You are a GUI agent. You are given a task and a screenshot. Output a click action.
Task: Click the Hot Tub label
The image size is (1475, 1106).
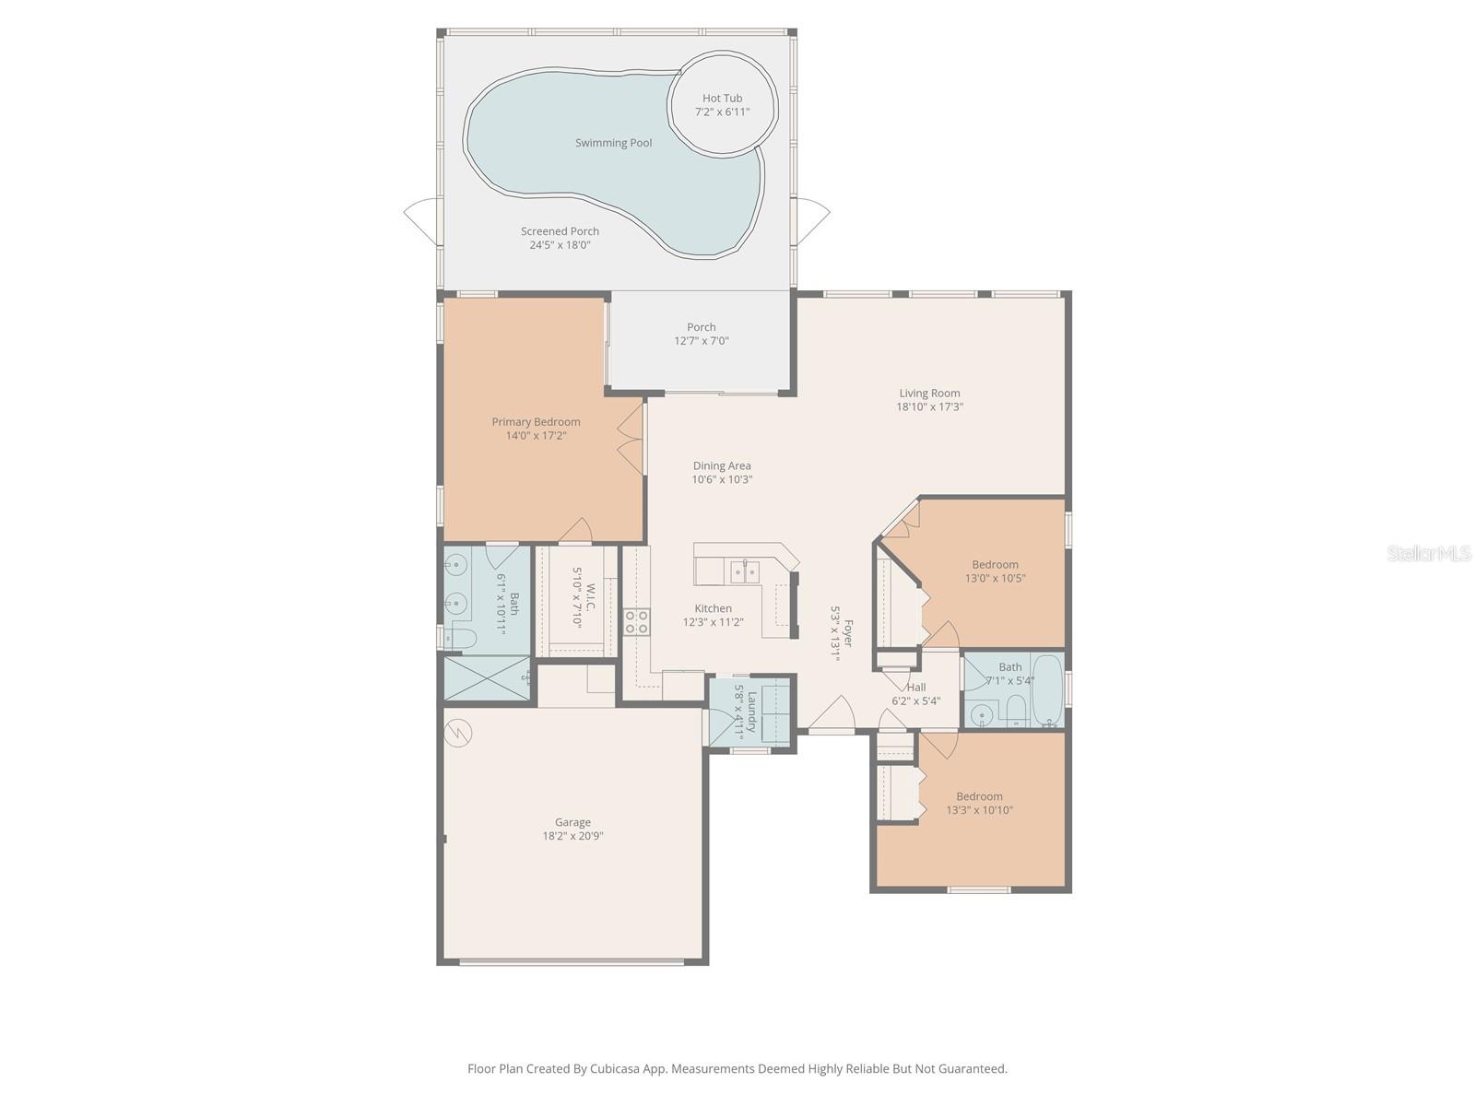pyautogui.click(x=722, y=99)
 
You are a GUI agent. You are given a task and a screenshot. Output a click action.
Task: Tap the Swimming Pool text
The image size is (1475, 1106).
pyautogui.click(x=613, y=143)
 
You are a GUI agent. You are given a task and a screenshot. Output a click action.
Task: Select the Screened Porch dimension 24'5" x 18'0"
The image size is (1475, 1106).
pyautogui.click(x=560, y=245)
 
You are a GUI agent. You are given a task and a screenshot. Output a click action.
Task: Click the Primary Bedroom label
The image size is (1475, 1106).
pyautogui.click(x=536, y=422)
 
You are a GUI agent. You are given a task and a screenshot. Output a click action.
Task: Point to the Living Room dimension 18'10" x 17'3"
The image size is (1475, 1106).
pyautogui.click(x=929, y=406)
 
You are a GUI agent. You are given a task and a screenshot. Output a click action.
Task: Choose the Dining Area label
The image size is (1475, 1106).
pyautogui.click(x=722, y=466)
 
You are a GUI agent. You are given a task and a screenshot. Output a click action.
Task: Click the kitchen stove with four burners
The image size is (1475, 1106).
pyautogui.click(x=636, y=621)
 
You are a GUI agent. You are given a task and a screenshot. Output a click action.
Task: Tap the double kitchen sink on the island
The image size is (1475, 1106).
pyautogui.click(x=744, y=572)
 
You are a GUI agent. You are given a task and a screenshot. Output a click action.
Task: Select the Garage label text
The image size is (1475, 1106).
pyautogui.click(x=572, y=822)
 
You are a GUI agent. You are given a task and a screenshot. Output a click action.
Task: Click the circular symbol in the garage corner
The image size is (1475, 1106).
pyautogui.click(x=456, y=733)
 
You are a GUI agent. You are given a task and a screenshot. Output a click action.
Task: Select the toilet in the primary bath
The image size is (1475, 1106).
pyautogui.click(x=461, y=638)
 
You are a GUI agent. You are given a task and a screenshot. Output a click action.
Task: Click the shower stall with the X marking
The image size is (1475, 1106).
pyautogui.click(x=486, y=678)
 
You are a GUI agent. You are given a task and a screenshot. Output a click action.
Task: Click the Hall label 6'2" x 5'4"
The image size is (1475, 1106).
pyautogui.click(x=915, y=688)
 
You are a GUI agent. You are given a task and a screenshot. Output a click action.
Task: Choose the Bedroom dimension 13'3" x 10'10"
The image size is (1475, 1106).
pyautogui.click(x=979, y=811)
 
